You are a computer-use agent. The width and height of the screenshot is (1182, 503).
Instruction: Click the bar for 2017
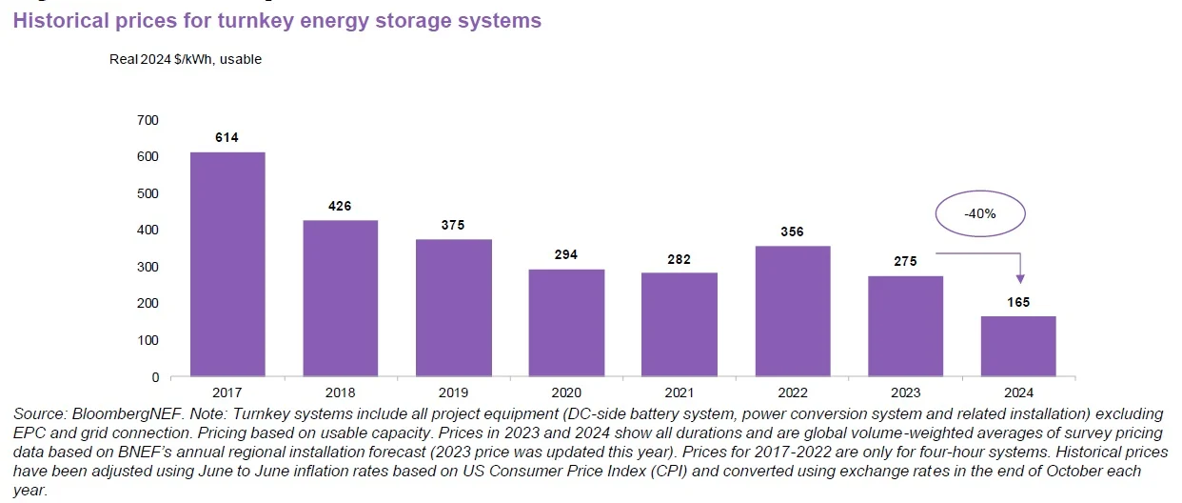[227, 264]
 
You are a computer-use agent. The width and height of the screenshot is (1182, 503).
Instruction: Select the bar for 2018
[341, 298]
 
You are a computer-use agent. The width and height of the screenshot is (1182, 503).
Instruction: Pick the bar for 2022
[793, 312]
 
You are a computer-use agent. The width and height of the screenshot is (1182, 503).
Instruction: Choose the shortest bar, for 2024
[1018, 346]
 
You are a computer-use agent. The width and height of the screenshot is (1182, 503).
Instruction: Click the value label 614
[227, 137]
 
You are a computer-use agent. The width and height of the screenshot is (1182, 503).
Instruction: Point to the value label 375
[453, 225]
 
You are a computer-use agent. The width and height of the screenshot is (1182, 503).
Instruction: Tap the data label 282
[680, 259]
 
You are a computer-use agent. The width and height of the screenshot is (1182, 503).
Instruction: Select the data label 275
[905, 262]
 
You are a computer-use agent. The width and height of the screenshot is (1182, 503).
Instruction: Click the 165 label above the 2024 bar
[1018, 302]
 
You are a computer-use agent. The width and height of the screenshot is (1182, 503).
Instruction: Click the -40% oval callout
[978, 214]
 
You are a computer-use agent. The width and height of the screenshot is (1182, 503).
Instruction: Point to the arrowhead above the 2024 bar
[1021, 277]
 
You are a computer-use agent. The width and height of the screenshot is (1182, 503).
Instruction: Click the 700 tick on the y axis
[148, 120]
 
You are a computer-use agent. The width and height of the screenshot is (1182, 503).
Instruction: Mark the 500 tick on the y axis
[148, 193]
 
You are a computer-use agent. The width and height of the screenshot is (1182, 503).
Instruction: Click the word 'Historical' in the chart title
[57, 21]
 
